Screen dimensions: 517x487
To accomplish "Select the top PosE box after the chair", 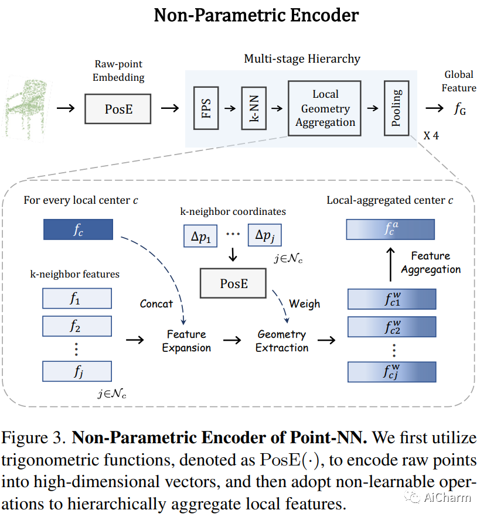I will [x=118, y=109].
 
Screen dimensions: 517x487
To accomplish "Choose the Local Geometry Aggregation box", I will [x=325, y=108].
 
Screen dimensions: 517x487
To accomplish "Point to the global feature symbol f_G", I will [x=460, y=108].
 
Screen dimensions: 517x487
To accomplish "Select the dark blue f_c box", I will [x=77, y=230].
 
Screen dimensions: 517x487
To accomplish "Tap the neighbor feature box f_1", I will [x=77, y=299].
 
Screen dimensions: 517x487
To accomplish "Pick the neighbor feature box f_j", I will [x=77, y=371].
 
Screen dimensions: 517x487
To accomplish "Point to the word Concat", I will [x=156, y=303].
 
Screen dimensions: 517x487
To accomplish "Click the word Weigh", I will [x=304, y=303].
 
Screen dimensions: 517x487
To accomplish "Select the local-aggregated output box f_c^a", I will [x=391, y=230].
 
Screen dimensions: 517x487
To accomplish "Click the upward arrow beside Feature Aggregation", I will [x=391, y=263].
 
